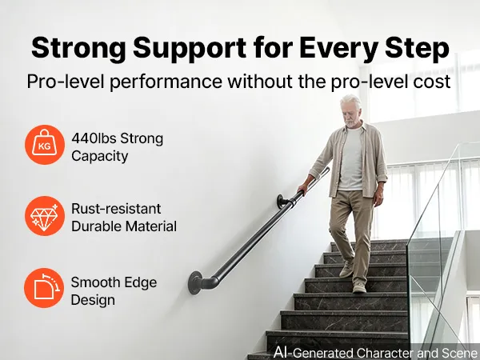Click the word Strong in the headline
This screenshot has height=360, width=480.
78,48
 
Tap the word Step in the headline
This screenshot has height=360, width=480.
418,48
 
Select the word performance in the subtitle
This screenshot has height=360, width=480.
166,82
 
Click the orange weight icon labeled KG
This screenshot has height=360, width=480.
45,145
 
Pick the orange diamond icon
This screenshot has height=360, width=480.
45,216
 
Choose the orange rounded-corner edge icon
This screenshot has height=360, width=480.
44,288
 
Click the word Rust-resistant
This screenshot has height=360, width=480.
116,209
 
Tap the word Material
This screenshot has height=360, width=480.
151,226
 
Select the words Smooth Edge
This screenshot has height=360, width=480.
114,282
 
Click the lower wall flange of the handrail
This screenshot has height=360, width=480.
195,282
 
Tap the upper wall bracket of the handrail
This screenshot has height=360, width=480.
282,202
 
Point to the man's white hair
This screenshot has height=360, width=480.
351,102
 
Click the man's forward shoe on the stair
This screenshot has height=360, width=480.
359,287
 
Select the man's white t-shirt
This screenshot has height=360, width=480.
351,160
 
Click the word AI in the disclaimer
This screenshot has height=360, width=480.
282,352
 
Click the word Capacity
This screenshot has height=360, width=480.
100,157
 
